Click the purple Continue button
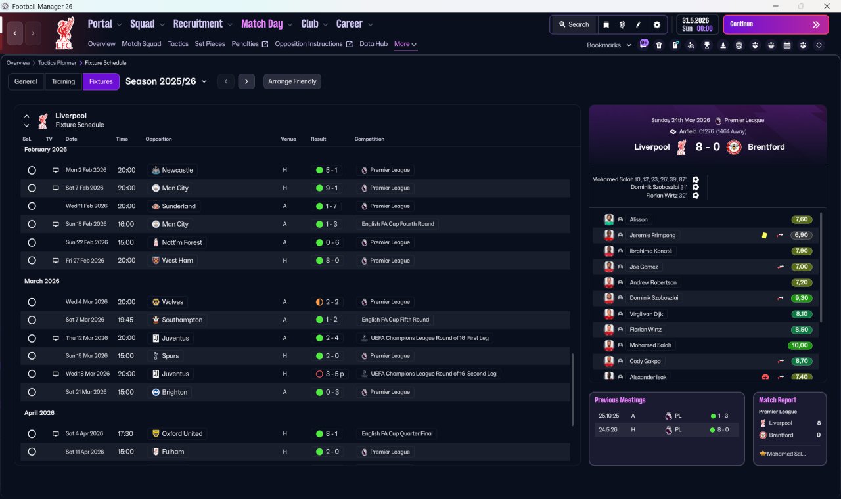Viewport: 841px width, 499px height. (x=776, y=24)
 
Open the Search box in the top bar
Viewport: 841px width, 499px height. (x=574, y=24)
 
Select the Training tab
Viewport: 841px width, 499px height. (x=63, y=81)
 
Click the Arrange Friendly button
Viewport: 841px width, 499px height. (x=292, y=81)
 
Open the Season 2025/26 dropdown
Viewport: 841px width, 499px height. (x=166, y=81)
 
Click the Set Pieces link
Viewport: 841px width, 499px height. (x=210, y=44)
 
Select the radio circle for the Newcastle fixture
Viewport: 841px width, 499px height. (x=32, y=170)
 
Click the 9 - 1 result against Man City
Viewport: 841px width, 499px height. (x=327, y=188)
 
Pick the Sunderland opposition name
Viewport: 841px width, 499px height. (x=179, y=206)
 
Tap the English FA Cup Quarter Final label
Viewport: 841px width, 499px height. (x=397, y=433)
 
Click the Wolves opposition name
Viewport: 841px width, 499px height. (x=172, y=302)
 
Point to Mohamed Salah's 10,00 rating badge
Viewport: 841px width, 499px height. (x=800, y=345)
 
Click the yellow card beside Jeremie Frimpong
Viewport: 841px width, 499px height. (x=764, y=236)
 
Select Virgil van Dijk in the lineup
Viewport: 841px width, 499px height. (x=646, y=314)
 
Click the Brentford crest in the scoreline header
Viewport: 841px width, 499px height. (x=734, y=147)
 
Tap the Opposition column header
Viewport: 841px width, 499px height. (x=158, y=139)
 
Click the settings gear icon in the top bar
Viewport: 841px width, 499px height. (x=656, y=25)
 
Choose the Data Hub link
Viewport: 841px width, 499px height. (x=373, y=44)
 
